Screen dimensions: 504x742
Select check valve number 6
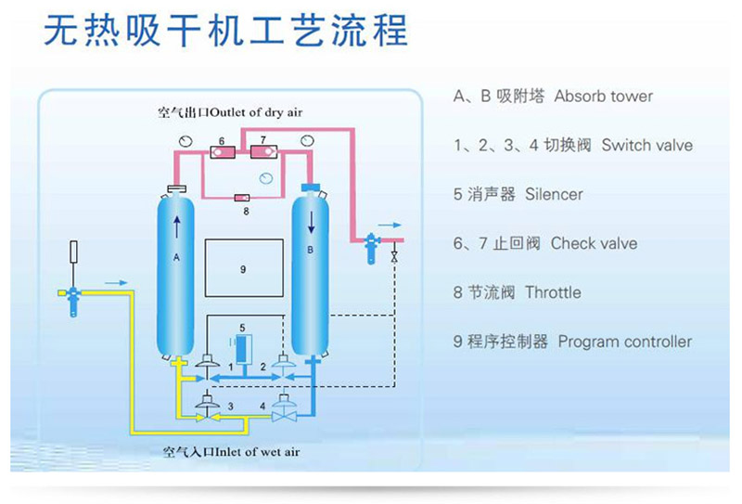tap(222, 151)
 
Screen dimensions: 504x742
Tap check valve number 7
tap(262, 151)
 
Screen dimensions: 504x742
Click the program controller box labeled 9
tap(243, 268)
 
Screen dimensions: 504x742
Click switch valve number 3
tap(206, 408)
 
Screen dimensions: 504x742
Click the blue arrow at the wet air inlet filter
tap(114, 280)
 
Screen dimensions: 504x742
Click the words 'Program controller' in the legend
tap(624, 342)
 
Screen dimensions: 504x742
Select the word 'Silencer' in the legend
tap(554, 195)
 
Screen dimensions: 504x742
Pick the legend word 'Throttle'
tap(553, 292)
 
